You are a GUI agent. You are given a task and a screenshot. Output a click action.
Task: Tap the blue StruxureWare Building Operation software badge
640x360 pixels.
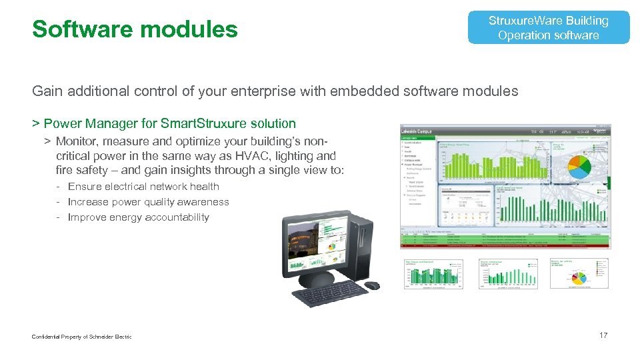coord(548,28)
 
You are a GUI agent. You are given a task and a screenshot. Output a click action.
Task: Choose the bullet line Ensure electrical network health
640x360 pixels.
coord(143,187)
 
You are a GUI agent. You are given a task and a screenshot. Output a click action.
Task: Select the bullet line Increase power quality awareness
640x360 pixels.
coord(148,202)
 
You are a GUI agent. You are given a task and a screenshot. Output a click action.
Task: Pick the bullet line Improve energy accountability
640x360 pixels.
coord(138,217)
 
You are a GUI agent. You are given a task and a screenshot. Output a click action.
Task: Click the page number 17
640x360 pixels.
coord(603,335)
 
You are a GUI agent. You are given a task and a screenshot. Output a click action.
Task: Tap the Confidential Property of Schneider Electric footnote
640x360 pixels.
coord(81,337)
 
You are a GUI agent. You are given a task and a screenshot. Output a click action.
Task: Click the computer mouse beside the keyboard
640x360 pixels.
coord(371,285)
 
